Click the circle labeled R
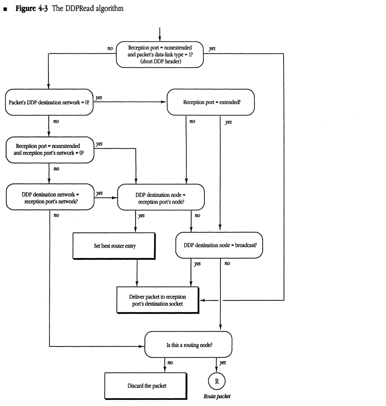click(x=217, y=381)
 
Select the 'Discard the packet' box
click(x=145, y=386)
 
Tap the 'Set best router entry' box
click(x=115, y=246)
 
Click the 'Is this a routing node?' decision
click(x=188, y=345)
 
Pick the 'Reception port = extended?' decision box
click(x=211, y=102)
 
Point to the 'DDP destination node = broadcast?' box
click(x=219, y=245)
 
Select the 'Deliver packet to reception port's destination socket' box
click(x=157, y=300)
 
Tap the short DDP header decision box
click(x=160, y=54)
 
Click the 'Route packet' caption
click(x=217, y=396)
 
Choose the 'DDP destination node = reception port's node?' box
click(x=161, y=197)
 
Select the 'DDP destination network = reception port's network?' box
click(x=50, y=197)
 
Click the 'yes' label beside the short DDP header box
click(x=212, y=49)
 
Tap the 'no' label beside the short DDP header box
click(x=110, y=48)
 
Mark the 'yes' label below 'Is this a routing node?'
click(x=223, y=363)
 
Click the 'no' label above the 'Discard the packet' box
click(x=170, y=363)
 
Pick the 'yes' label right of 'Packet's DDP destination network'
click(x=99, y=97)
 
